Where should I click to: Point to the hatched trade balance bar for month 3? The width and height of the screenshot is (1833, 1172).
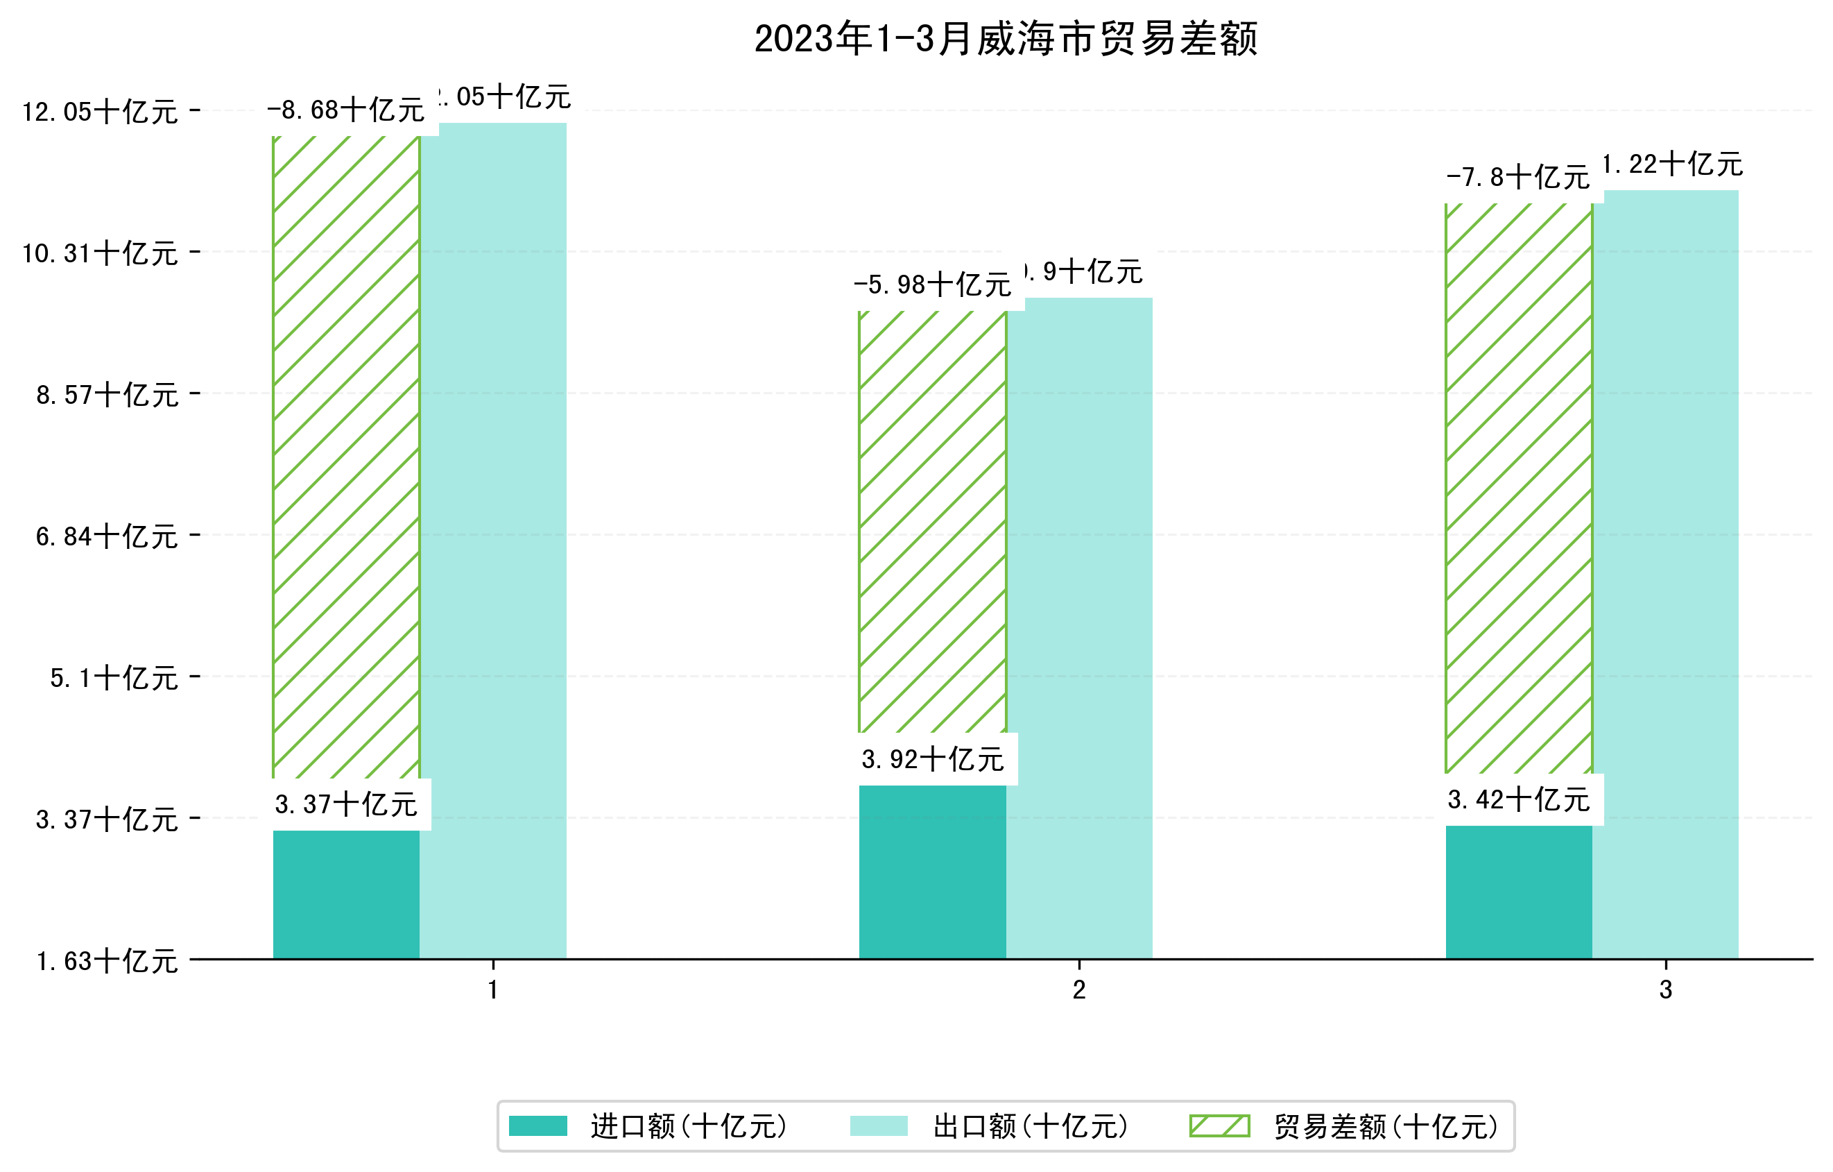(1518, 487)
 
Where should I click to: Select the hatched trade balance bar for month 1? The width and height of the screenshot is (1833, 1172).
(345, 457)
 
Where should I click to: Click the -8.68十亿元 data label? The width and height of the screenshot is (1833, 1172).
(345, 110)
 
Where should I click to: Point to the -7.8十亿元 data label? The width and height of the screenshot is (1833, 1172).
(1517, 178)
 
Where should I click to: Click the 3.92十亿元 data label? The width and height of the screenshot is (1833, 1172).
(933, 759)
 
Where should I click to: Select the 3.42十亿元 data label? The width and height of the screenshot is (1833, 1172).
(1519, 799)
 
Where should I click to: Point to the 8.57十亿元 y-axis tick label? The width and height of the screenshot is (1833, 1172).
(107, 394)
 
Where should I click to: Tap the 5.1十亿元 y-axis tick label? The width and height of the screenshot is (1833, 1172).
(114, 678)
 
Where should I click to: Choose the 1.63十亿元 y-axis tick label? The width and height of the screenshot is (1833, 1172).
(107, 961)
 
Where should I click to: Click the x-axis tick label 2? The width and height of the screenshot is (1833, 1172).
(1078, 990)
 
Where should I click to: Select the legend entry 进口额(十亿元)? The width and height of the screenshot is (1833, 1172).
(688, 1126)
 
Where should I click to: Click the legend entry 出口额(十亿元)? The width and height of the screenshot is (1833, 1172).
(1030, 1126)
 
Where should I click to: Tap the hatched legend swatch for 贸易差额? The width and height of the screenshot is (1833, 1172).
(1219, 1126)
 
